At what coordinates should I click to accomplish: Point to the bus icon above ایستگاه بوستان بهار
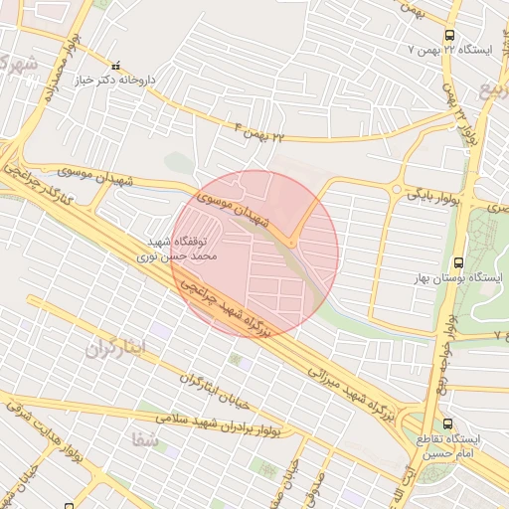457,263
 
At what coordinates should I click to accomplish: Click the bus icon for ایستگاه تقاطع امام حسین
446,423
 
